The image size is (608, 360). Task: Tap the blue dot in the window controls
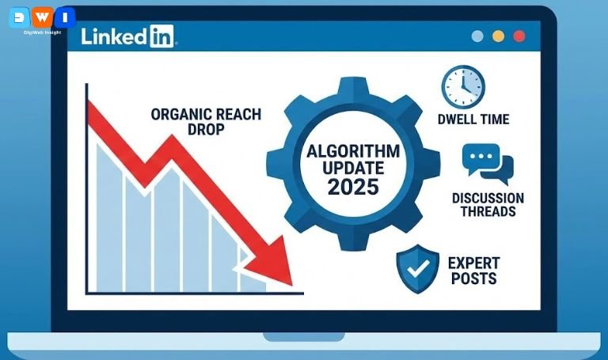(x=477, y=36)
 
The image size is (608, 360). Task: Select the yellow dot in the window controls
(x=498, y=36)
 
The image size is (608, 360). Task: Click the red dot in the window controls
(x=519, y=36)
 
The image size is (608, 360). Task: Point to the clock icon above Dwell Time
(x=462, y=86)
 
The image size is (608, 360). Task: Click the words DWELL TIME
(x=473, y=119)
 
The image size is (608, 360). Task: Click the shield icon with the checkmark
(x=416, y=268)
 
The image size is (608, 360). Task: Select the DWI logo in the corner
(x=42, y=17)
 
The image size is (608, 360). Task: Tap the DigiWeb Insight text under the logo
(x=42, y=33)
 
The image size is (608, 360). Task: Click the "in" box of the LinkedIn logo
(x=161, y=36)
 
